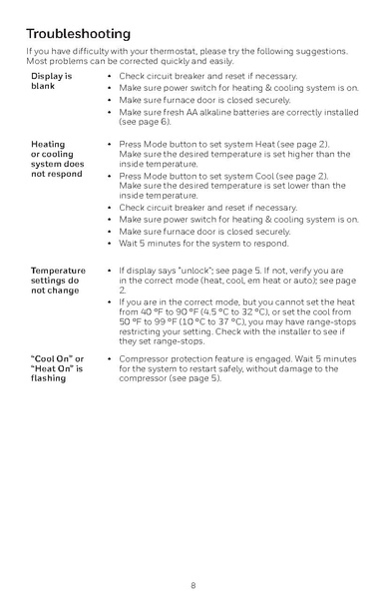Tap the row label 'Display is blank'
[51, 81]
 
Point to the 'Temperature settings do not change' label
[58, 281]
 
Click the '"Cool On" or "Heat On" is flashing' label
[57, 367]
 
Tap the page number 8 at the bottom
[193, 583]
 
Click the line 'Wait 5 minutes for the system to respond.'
[203, 243]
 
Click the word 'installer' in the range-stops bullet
[299, 331]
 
